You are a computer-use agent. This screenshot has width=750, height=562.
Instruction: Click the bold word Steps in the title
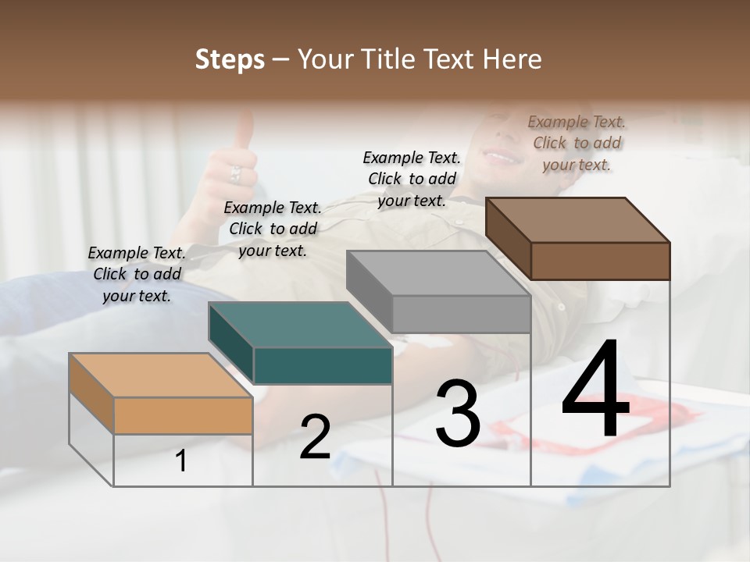tap(230, 59)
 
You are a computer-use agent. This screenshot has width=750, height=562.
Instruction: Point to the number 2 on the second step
tap(315, 437)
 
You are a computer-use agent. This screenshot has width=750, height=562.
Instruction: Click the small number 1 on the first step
tap(180, 461)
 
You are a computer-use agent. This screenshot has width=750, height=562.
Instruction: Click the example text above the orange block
tap(137, 274)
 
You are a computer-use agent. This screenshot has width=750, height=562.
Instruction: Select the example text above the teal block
tap(273, 229)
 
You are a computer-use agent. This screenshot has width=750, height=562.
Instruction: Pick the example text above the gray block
tap(412, 179)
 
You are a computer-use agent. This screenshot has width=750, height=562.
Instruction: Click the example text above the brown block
tap(577, 143)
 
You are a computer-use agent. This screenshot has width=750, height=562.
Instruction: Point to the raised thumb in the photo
tap(244, 129)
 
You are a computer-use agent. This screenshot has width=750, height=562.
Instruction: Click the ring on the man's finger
tap(235, 174)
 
